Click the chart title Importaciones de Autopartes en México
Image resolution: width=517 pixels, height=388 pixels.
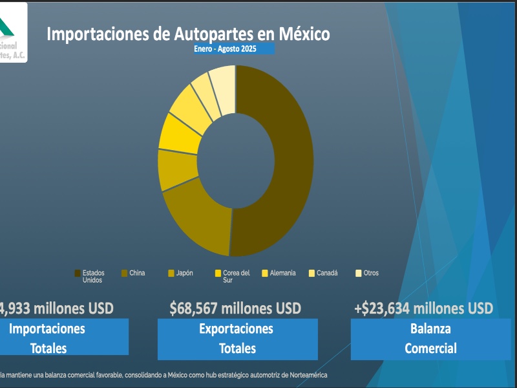(x=187, y=34)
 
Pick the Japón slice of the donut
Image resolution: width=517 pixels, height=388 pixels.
(x=177, y=169)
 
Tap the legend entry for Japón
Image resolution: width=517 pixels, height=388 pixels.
(x=180, y=273)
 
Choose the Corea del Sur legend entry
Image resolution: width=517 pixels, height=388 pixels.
(x=233, y=276)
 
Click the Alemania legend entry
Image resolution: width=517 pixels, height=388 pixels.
(x=279, y=273)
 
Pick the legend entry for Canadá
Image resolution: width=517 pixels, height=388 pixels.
(x=323, y=273)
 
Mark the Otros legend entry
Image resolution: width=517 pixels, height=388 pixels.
(x=367, y=273)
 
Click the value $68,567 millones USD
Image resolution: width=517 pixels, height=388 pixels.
(x=235, y=308)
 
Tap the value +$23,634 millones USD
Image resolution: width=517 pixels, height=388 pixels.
(x=423, y=308)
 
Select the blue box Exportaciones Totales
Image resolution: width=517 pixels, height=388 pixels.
(x=237, y=338)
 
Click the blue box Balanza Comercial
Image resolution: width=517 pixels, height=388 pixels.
(x=430, y=338)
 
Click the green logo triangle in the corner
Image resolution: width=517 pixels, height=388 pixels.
(x=6, y=26)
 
